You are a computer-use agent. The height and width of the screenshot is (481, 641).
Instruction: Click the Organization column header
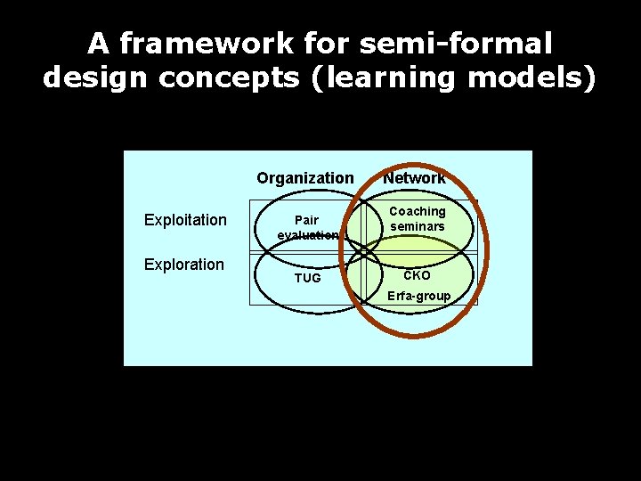pos(304,178)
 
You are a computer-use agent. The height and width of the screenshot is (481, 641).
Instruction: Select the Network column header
pos(414,178)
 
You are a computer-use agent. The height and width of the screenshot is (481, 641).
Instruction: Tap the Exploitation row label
pos(185,220)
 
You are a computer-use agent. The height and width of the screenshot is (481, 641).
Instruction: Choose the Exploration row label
pos(184,265)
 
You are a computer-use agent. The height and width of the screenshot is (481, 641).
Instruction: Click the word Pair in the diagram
pos(306,220)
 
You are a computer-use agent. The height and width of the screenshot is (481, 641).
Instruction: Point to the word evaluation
pos(307,235)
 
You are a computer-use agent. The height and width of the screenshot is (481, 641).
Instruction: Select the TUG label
pos(307,278)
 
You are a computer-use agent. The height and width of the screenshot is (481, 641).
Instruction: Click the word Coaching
pos(417,211)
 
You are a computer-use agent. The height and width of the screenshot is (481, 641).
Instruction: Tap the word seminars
pos(417,226)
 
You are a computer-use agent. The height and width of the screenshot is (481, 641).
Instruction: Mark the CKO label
pos(417,275)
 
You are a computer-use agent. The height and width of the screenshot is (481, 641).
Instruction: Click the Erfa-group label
pos(418,296)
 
